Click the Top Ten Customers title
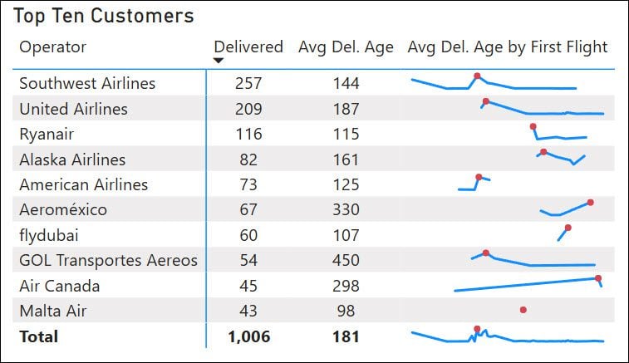[x=104, y=16]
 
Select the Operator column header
[x=52, y=47]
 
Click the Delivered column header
[x=248, y=47]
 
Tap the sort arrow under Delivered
[x=219, y=61]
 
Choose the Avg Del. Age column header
[x=346, y=47]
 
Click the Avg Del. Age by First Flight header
[x=508, y=47]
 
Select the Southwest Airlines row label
[x=87, y=83]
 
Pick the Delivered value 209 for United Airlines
[x=248, y=109]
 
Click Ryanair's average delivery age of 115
[x=346, y=134]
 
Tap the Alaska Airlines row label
[x=72, y=159]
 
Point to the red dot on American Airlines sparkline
[x=479, y=177]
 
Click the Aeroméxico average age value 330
[x=346, y=210]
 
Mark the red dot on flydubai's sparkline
[x=568, y=228]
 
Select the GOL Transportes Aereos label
[x=108, y=261]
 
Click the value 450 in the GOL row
[x=346, y=261]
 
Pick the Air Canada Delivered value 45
[x=248, y=286]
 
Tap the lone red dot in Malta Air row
[x=523, y=310]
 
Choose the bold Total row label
[x=39, y=336]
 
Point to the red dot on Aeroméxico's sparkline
[x=590, y=203]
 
